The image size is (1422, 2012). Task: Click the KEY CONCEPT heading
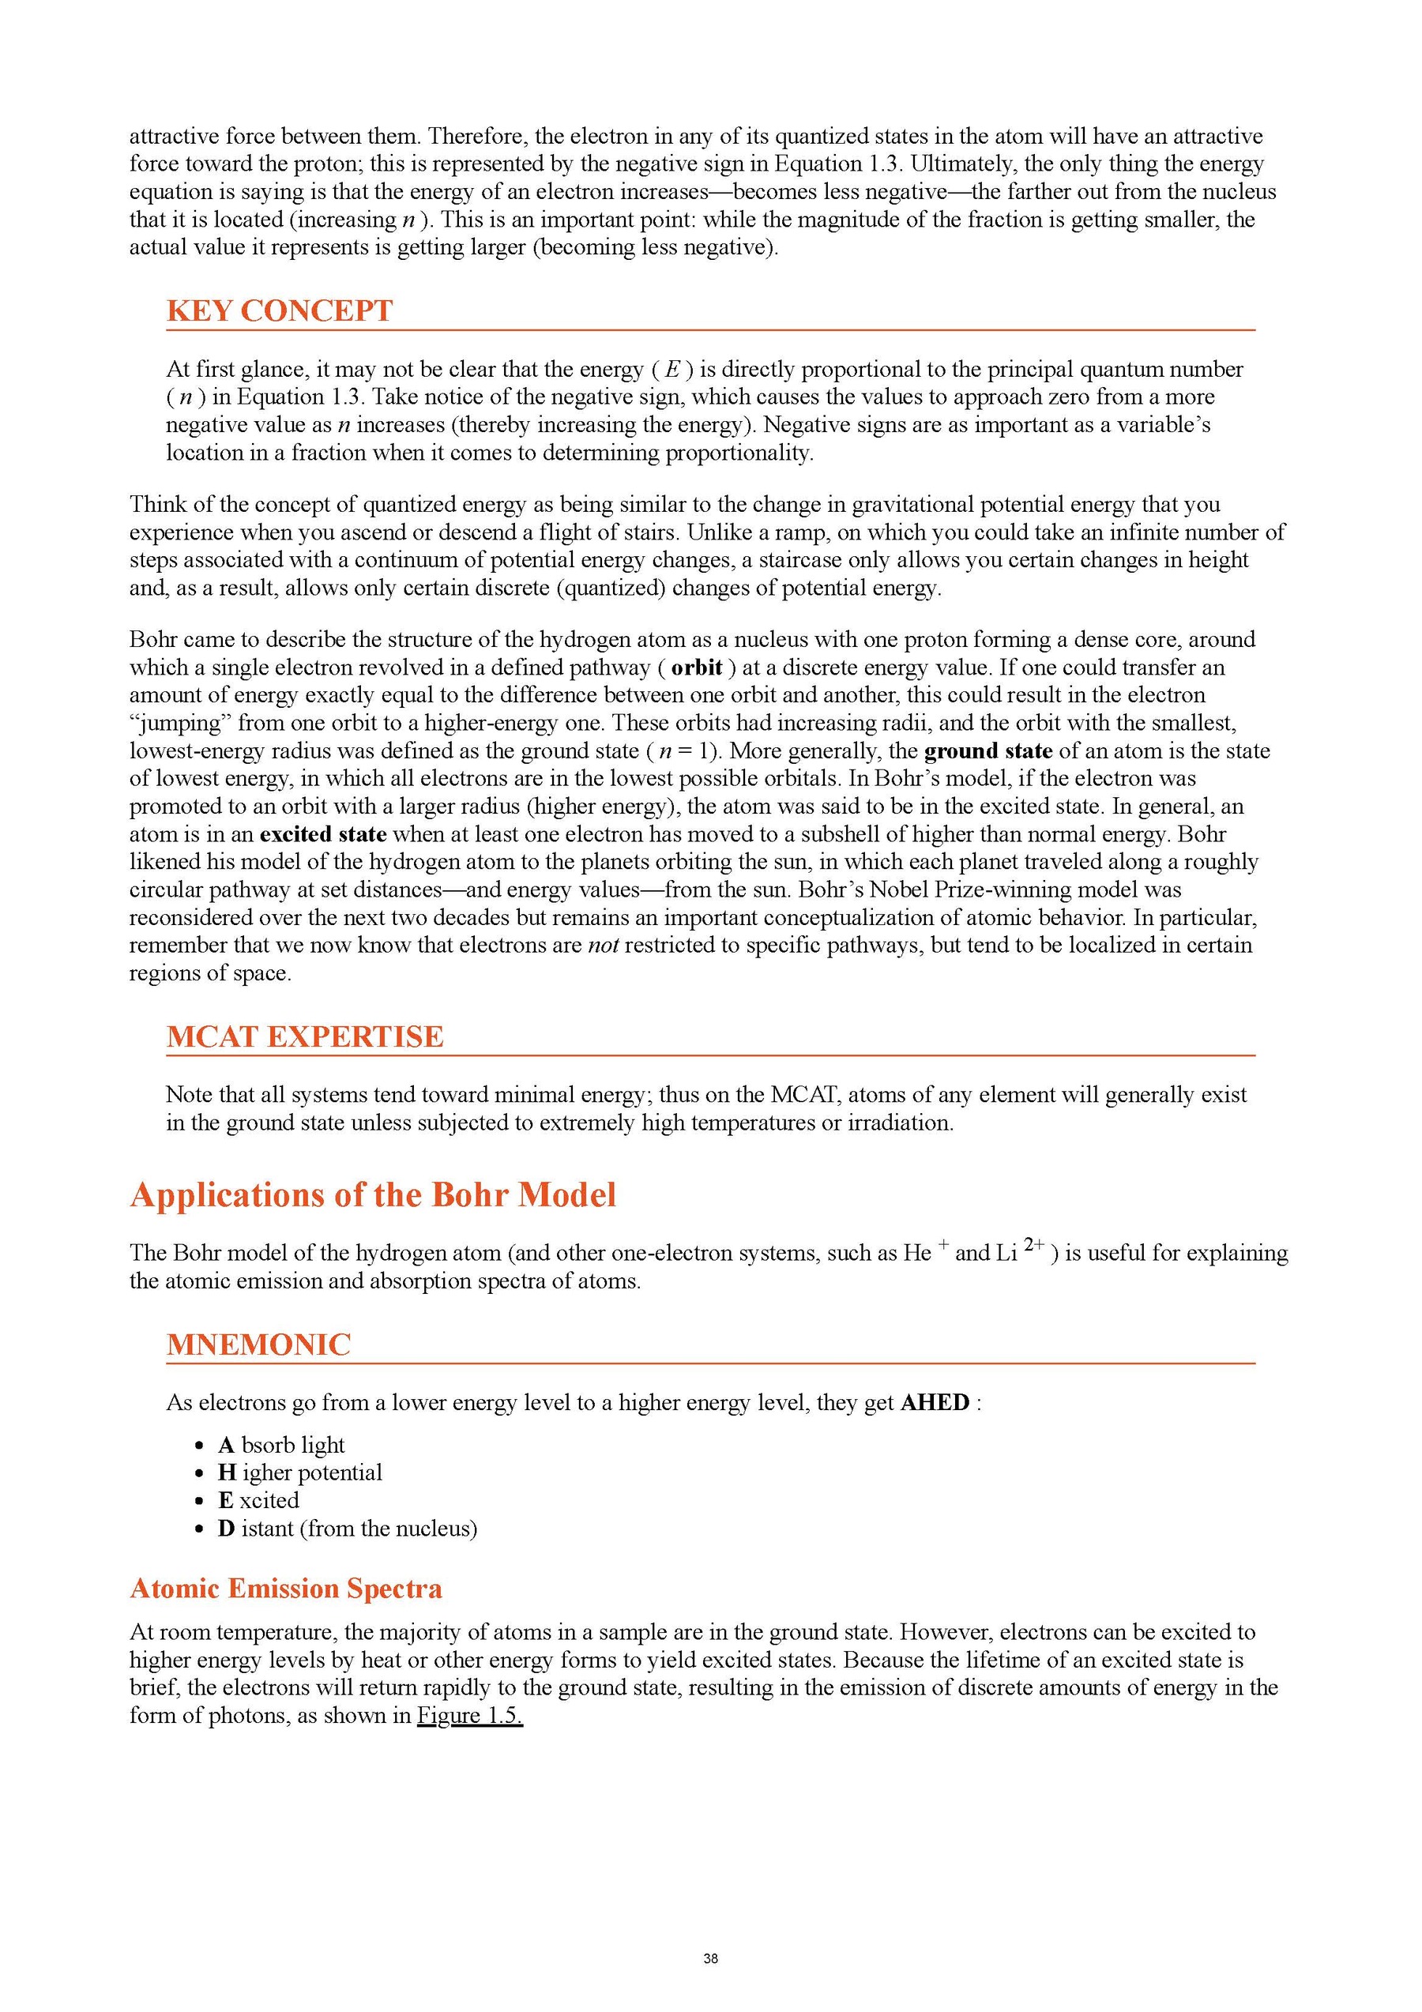click(x=280, y=310)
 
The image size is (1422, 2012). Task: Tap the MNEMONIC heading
click(x=258, y=1344)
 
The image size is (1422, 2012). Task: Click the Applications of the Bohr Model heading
click(x=373, y=1195)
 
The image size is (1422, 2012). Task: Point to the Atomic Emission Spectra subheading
click(x=286, y=1589)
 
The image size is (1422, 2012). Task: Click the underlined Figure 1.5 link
click(x=469, y=1716)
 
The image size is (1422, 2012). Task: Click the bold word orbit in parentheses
click(x=697, y=668)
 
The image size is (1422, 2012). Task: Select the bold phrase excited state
click(x=323, y=834)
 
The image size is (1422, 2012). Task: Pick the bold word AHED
click(x=935, y=1403)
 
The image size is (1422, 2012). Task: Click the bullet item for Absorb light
click(x=281, y=1445)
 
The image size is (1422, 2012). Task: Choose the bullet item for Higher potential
click(x=300, y=1473)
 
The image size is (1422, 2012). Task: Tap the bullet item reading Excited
click(x=259, y=1500)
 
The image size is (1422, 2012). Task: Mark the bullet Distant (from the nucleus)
click(x=348, y=1529)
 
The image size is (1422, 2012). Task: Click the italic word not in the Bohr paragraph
click(x=604, y=946)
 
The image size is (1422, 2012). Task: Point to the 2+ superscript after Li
click(x=1034, y=1244)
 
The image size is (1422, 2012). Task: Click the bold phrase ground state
click(x=988, y=751)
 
